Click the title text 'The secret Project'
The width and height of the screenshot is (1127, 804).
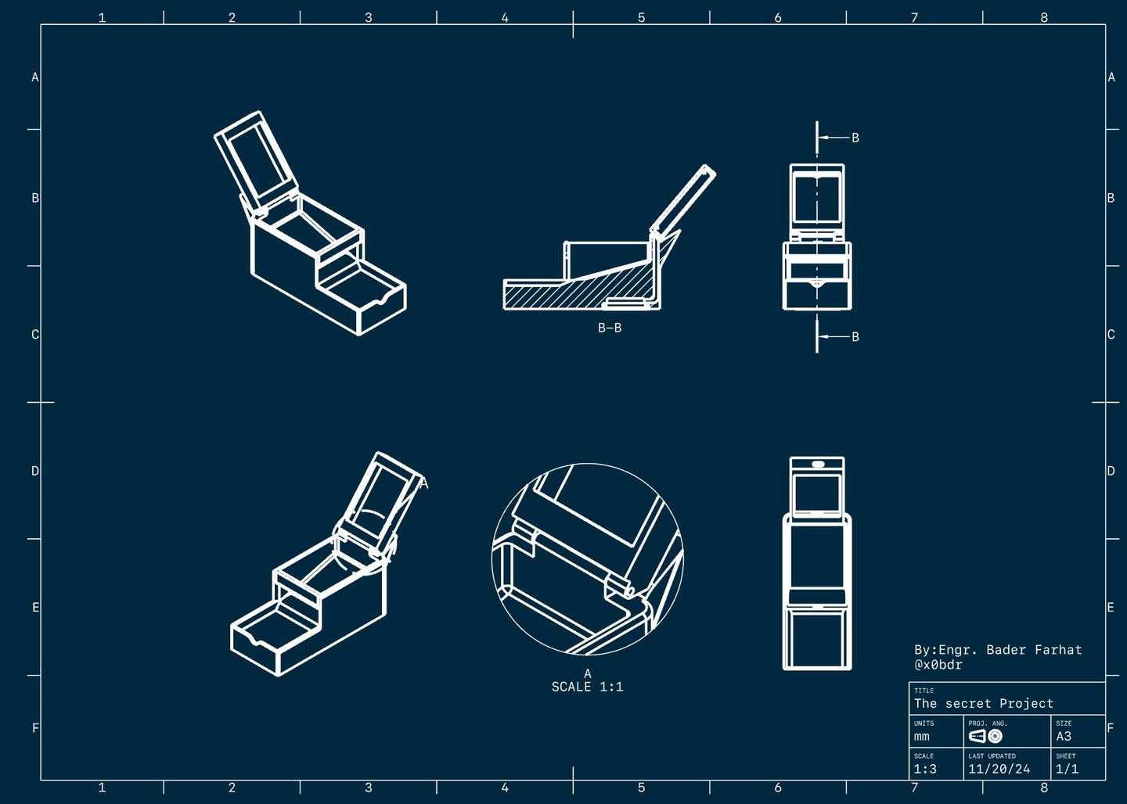pos(983,703)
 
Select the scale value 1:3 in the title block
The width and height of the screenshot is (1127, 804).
pos(925,769)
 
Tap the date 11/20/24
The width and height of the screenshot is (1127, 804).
pos(999,769)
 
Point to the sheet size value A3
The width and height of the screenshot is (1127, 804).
pos(1064,736)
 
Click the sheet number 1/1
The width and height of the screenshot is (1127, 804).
pos(1067,769)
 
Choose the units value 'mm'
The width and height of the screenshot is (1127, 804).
pos(922,737)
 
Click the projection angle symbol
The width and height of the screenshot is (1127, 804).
pos(985,736)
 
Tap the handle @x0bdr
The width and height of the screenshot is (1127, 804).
pos(938,665)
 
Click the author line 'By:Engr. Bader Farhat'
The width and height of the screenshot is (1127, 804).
pos(998,650)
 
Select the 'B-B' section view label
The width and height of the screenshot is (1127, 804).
pos(609,328)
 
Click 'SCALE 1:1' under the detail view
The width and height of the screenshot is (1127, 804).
pos(587,687)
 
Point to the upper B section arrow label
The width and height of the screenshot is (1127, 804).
pos(855,138)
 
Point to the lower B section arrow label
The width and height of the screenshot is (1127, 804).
pos(855,337)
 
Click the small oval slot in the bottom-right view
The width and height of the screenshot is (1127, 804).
pos(818,465)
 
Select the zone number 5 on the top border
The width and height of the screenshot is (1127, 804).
pos(641,18)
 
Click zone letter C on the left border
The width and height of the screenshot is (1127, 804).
pos(35,335)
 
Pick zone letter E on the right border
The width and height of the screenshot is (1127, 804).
pos(1111,608)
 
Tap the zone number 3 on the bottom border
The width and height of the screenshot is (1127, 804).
pos(369,788)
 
